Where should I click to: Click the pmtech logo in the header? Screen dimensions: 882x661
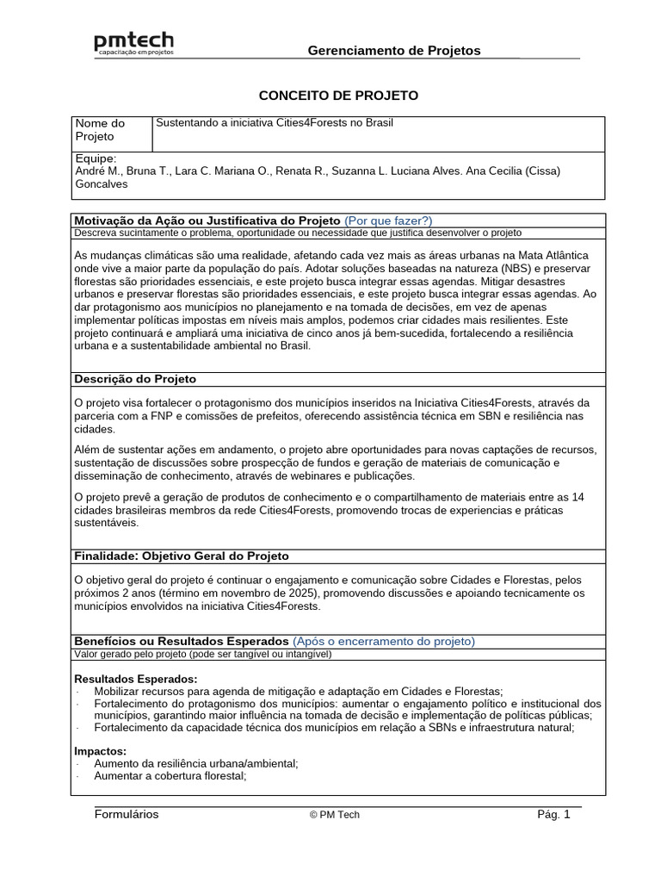coord(133,45)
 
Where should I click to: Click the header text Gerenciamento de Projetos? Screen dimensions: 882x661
coord(394,51)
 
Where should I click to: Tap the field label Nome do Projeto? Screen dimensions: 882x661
coord(101,130)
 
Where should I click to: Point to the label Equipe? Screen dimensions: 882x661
coord(96,159)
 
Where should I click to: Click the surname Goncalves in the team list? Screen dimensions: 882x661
coord(102,183)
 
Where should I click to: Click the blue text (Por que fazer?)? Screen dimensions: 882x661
coord(388,220)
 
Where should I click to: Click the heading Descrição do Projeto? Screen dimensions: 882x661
coord(135,379)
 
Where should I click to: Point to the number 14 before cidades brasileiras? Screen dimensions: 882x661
coord(578,497)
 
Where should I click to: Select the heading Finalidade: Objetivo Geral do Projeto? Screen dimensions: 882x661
coord(182,556)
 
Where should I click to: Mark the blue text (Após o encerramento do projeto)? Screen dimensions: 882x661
coord(383,642)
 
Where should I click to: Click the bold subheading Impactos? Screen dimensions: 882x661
coord(101,751)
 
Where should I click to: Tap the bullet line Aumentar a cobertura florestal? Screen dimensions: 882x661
coord(170,776)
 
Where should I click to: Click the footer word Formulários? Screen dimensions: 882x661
coord(127,815)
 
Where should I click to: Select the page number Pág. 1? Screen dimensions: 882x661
coord(553,815)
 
